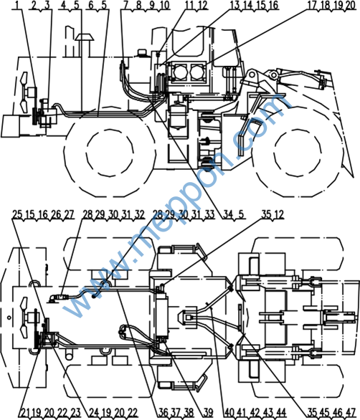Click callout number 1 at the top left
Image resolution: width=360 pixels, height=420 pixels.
tap(17, 5)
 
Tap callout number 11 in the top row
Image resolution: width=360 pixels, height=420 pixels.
tap(189, 5)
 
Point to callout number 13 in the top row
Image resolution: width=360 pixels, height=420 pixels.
tap(235, 5)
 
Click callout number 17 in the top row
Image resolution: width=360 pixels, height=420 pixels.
tap(312, 5)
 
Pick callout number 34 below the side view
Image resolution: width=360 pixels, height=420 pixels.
tap(228, 214)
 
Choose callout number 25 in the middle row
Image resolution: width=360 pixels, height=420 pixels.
tap(17, 214)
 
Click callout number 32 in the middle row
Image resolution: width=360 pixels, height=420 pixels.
tap(139, 214)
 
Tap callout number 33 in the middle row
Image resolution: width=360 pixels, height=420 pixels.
tap(209, 214)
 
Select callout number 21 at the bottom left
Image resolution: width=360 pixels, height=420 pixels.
tap(25, 413)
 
